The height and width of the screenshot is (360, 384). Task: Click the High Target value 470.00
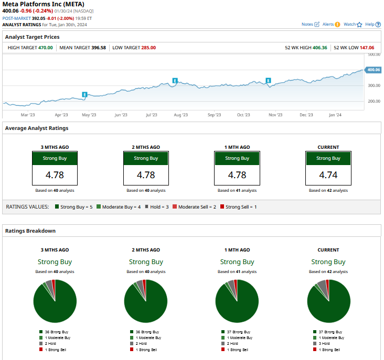click(x=46, y=48)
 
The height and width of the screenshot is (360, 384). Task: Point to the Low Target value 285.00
click(x=148, y=48)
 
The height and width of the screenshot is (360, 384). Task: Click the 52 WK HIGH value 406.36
click(x=319, y=48)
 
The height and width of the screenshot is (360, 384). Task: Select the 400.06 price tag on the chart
click(x=374, y=70)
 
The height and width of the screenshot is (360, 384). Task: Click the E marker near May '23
click(x=84, y=94)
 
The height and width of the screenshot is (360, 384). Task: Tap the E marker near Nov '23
click(x=268, y=81)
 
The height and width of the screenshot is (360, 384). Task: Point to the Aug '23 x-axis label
click(x=181, y=115)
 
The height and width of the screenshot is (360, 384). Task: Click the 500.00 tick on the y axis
click(x=374, y=54)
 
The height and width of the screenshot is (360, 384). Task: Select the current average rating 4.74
click(x=328, y=174)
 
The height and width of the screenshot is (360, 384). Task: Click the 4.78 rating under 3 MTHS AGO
click(x=55, y=174)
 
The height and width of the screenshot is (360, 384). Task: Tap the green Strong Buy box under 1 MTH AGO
click(x=237, y=158)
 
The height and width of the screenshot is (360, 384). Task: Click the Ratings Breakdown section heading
click(x=30, y=231)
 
